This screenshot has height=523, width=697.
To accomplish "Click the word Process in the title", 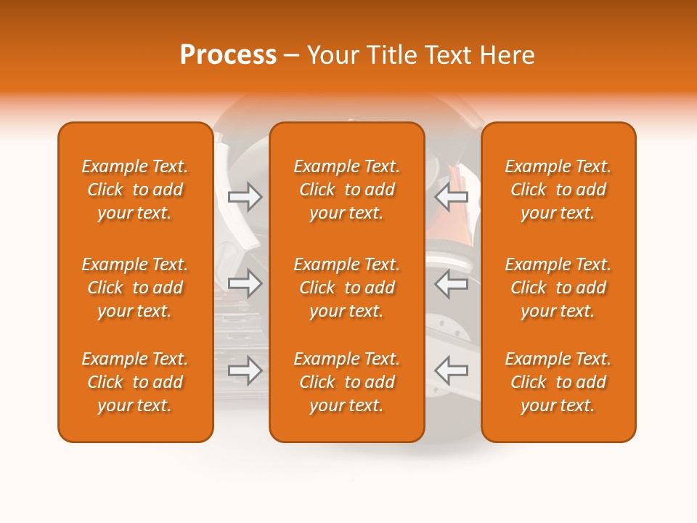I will click(228, 55).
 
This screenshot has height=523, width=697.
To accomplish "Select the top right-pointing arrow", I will click(245, 197).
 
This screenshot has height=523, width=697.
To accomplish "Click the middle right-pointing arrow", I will click(245, 284).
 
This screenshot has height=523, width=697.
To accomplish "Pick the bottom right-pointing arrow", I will click(245, 370).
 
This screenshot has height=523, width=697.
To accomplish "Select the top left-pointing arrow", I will click(452, 197).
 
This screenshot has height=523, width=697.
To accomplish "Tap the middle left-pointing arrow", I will click(452, 284).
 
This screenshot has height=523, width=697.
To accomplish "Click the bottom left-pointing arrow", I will click(452, 370).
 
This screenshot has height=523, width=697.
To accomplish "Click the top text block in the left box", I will click(135, 190).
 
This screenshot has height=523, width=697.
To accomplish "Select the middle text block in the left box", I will click(135, 288).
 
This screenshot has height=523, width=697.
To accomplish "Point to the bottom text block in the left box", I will click(135, 382).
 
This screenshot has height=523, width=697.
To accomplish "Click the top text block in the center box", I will click(347, 190).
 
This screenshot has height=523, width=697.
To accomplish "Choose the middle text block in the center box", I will click(347, 288).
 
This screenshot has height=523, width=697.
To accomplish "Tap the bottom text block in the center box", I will click(347, 382).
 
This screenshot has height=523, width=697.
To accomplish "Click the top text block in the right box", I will click(558, 190).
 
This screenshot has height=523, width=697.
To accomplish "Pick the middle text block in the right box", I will click(558, 288).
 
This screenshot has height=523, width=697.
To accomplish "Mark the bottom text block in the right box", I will click(558, 382).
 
